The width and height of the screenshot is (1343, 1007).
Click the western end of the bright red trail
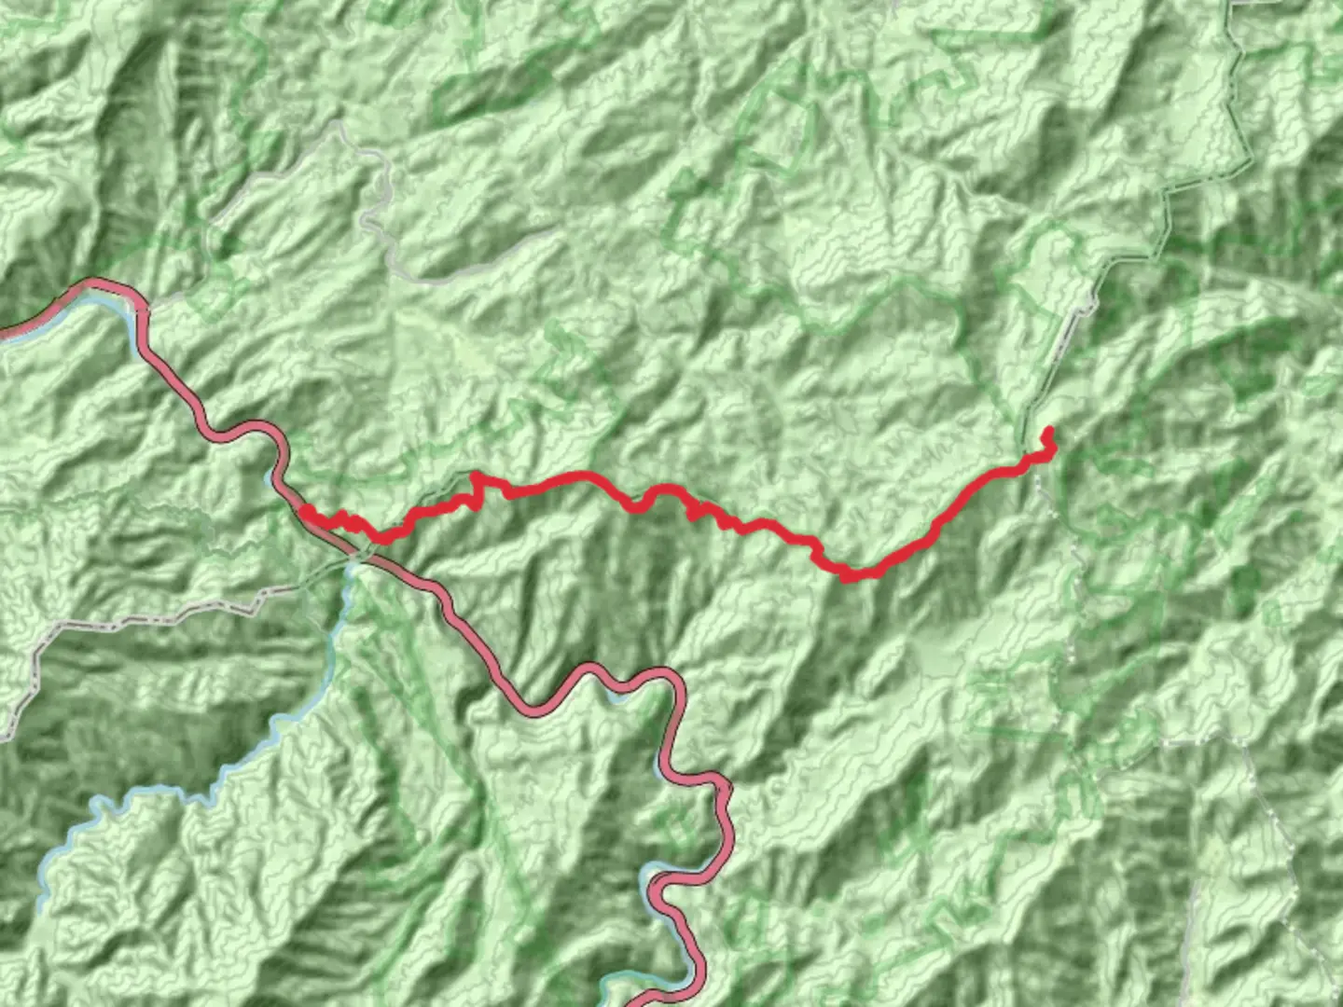coord(306,511)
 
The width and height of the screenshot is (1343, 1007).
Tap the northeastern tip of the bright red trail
coord(1047,430)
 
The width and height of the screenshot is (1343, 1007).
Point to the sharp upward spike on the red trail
coord(476,476)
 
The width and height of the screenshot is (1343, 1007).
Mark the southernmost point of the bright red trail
coord(849,578)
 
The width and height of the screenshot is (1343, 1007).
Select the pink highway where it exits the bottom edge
coord(644,1002)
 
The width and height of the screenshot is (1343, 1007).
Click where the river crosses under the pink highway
coord(354,559)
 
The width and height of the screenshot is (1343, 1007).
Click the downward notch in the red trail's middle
coord(637,507)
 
